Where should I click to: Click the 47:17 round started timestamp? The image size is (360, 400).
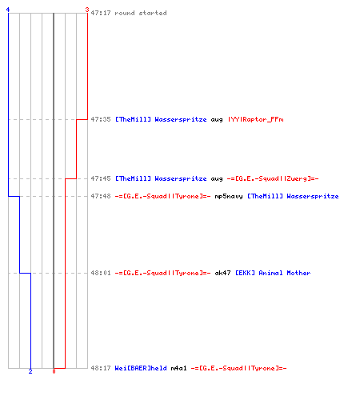coord(101,13)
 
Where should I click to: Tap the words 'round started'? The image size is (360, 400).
coord(141,13)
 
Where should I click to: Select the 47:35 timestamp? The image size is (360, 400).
coord(101,119)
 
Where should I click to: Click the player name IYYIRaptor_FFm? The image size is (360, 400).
coord(255,119)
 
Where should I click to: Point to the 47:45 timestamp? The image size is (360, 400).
coord(101,178)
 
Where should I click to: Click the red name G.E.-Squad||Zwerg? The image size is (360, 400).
coord(273,178)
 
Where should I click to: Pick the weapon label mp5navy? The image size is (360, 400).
coord(229,197)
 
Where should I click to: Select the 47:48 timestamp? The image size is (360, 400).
coord(101,196)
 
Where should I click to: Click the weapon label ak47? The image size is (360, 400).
coord(222,273)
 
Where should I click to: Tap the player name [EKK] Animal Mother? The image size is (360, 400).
coord(273,273)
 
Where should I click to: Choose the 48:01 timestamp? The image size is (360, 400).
coord(101,273)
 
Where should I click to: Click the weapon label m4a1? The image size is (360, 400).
coord(178,368)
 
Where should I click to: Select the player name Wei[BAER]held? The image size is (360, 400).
coord(141,368)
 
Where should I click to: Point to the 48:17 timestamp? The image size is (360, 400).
coord(101,368)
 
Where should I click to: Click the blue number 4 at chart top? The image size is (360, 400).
coord(8,10)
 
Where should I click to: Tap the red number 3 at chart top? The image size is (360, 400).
coord(87,10)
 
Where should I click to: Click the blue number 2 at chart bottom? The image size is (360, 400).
coord(30,371)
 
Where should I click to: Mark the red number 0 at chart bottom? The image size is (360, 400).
coord(54,371)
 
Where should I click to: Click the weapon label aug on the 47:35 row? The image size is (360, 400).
coord(217,120)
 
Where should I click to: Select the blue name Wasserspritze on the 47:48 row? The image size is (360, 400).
coord(313,196)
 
